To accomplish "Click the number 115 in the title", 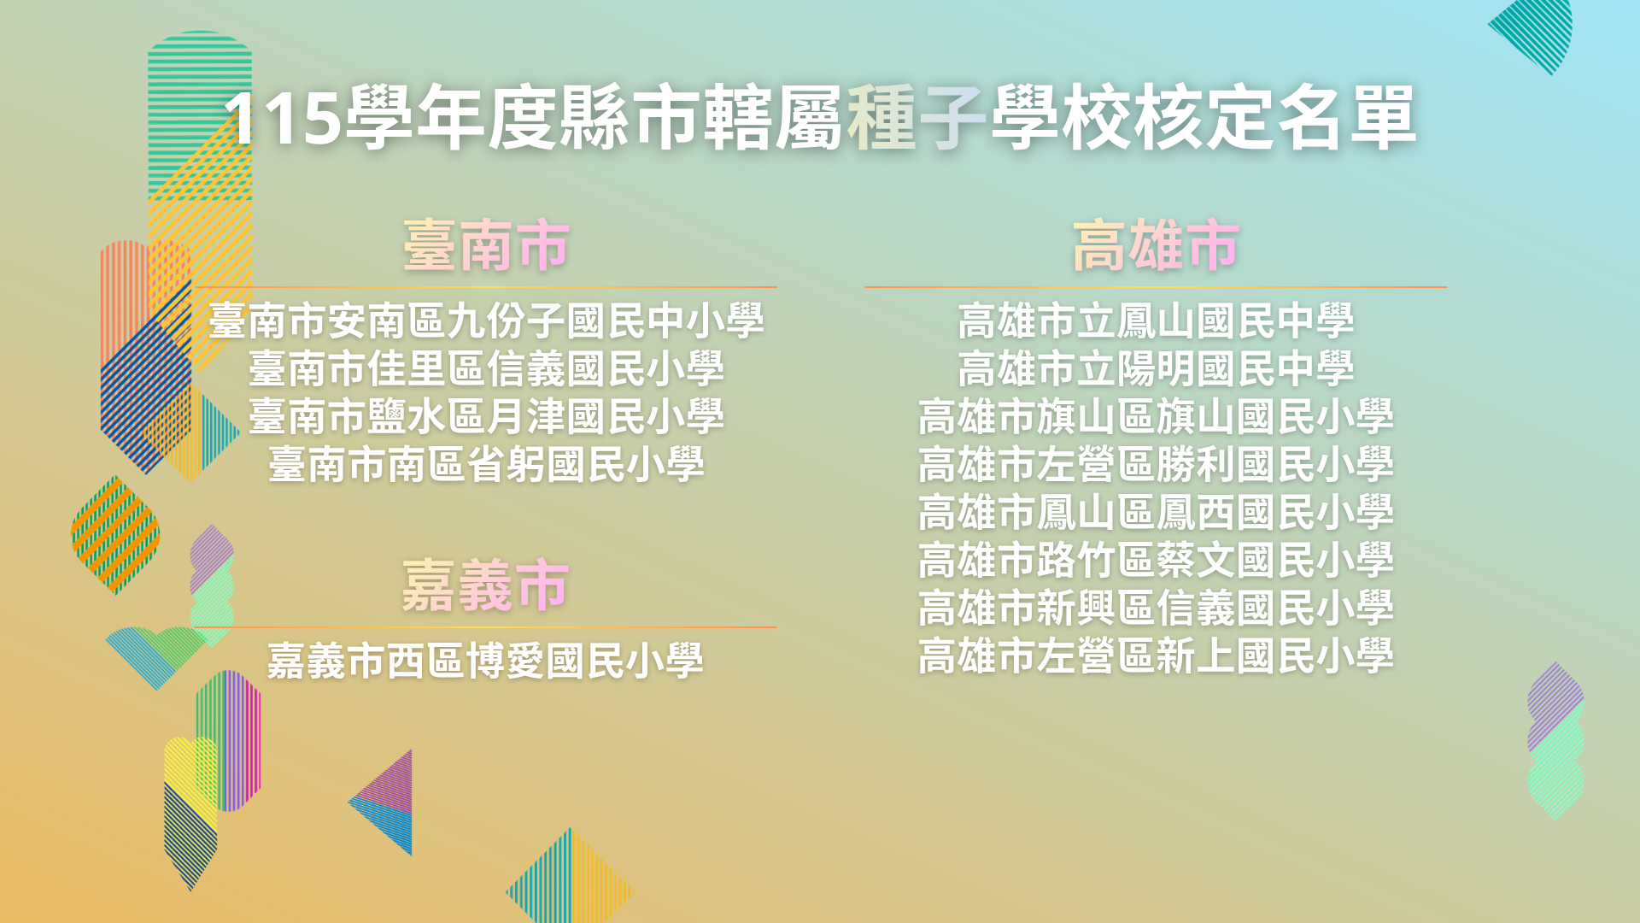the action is [283, 119].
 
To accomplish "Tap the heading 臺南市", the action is [486, 245].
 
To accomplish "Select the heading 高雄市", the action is [1156, 245].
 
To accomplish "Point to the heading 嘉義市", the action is [486, 585].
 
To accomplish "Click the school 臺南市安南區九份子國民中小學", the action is [486, 320].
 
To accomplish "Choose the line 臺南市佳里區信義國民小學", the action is [486, 368].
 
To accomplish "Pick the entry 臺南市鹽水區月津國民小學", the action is [486, 416].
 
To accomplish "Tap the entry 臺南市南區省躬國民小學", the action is [486, 464].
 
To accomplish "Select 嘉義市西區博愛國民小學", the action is [486, 661].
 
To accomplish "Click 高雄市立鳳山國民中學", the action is [1156, 320].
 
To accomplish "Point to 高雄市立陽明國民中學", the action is [1156, 368].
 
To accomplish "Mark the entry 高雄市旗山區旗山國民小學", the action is [1156, 416].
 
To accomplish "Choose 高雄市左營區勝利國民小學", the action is [1156, 464].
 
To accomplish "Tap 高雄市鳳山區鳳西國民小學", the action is [1156, 512].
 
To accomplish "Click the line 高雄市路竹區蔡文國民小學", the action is [1156, 560].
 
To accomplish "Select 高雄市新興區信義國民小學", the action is [1156, 608].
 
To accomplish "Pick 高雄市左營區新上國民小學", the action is [1156, 656].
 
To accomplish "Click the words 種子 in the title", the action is [917, 118].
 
